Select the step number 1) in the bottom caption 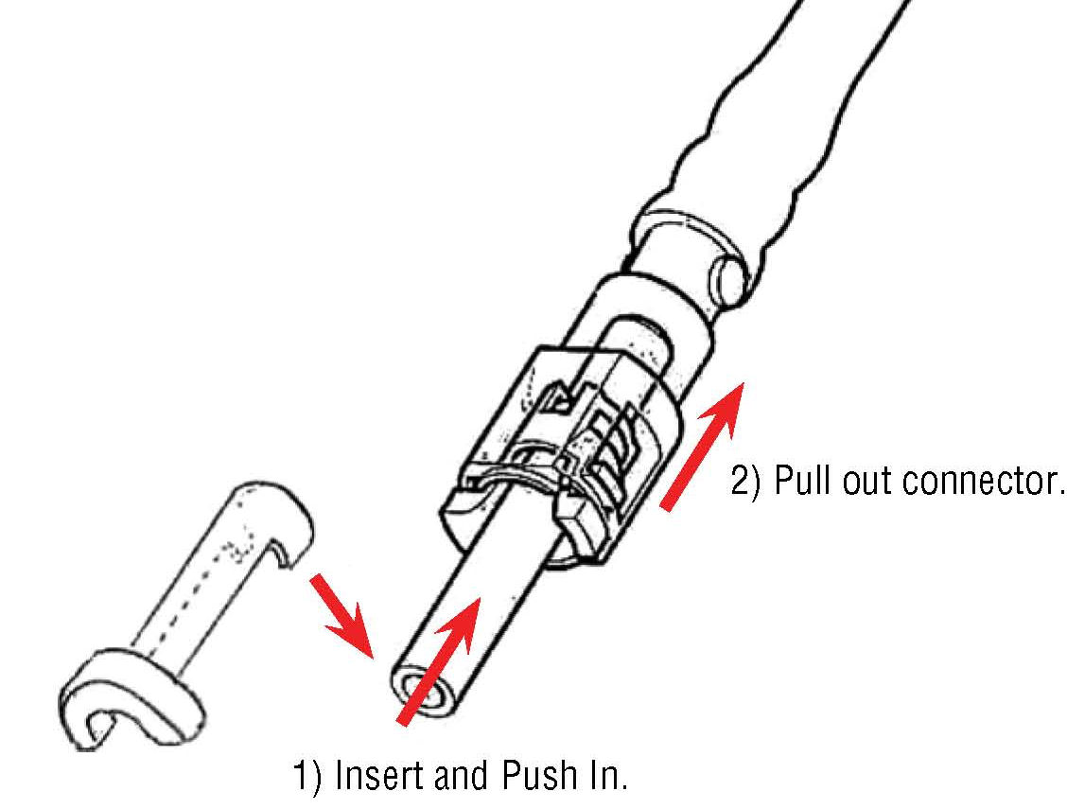[305, 780]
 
